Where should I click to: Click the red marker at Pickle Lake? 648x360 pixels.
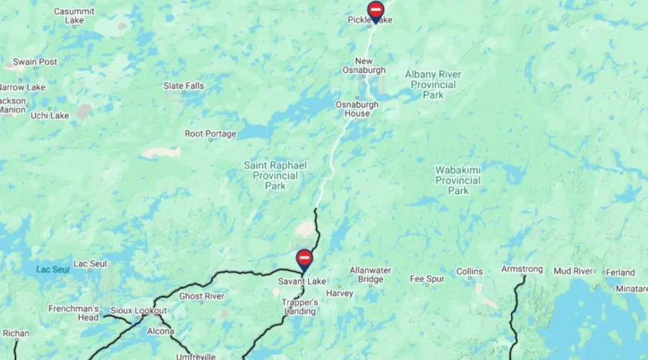[x=375, y=11]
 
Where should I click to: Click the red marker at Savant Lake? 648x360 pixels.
[x=305, y=258]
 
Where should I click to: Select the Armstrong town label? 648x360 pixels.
[x=522, y=269]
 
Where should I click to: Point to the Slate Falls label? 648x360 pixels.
[x=184, y=86]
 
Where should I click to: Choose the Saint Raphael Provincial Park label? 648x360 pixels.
[x=275, y=176]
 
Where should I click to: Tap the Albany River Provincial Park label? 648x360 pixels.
[x=433, y=84]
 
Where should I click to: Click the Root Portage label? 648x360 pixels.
[x=210, y=134]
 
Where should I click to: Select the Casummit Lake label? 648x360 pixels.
[x=75, y=16]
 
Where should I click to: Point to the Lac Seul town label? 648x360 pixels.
[x=90, y=264]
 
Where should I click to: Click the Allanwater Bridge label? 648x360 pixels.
[x=370, y=274]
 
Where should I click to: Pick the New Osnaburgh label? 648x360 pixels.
[x=369, y=66]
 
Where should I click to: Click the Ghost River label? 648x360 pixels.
[x=202, y=296]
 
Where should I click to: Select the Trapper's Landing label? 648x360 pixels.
[x=300, y=307]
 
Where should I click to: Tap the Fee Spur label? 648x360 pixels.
[x=427, y=279]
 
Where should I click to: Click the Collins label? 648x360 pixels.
[x=469, y=271]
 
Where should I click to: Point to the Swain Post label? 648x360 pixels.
[x=35, y=62]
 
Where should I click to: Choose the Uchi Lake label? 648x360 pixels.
[x=50, y=115]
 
